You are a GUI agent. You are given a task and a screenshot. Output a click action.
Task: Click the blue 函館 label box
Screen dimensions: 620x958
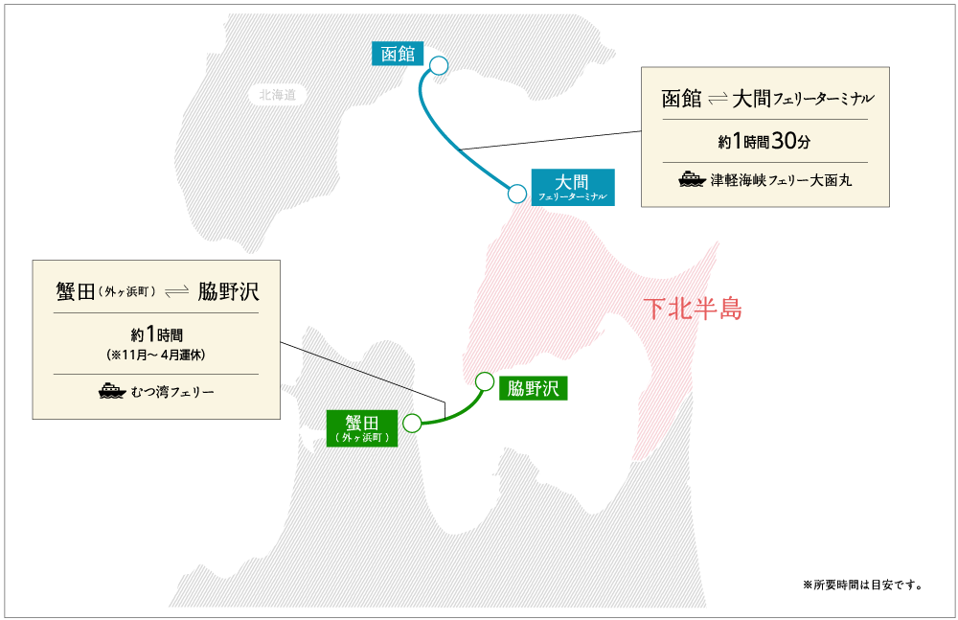tap(398, 54)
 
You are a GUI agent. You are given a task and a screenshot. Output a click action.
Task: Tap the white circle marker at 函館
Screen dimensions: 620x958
tap(439, 65)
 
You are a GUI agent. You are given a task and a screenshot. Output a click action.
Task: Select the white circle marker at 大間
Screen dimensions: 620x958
tap(517, 194)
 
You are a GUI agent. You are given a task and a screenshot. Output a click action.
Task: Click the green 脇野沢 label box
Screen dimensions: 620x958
tap(534, 388)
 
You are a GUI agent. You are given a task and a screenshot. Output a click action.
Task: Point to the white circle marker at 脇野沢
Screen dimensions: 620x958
tap(485, 380)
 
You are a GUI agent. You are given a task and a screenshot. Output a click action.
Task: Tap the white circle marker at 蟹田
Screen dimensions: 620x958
tap(412, 423)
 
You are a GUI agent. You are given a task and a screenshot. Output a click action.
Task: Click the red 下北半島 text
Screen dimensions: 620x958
tap(693, 309)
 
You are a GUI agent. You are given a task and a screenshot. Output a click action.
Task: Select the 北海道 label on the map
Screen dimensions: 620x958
tap(278, 95)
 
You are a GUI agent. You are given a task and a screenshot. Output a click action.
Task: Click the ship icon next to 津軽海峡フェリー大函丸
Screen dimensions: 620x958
tap(692, 179)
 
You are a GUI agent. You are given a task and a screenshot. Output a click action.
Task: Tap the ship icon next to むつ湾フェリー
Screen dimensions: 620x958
tap(111, 391)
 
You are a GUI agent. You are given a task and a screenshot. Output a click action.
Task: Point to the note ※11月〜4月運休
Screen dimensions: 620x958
tap(156, 354)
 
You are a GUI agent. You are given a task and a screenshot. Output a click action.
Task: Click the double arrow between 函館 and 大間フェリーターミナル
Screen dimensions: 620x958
tap(718, 100)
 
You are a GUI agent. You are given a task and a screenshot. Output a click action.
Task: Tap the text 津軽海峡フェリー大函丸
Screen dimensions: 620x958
tap(781, 179)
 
